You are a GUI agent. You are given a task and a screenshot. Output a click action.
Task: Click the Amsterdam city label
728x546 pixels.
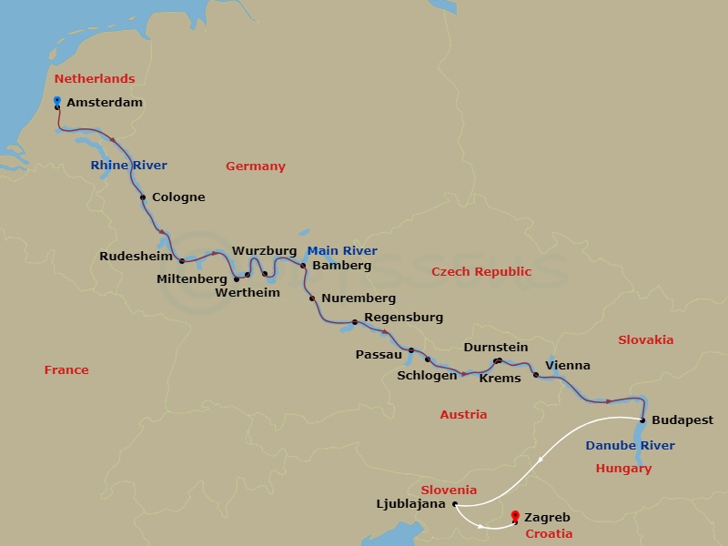(x=105, y=103)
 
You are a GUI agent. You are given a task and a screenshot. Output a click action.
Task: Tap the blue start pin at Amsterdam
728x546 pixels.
(x=57, y=101)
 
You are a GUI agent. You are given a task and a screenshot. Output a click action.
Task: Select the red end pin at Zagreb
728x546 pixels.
(x=516, y=515)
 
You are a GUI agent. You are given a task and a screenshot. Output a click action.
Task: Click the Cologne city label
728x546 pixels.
(x=178, y=197)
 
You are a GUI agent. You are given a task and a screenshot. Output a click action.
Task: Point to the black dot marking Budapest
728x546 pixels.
(x=642, y=420)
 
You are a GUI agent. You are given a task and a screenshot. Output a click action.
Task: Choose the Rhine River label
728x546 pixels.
(x=128, y=165)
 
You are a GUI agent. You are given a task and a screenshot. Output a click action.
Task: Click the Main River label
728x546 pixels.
(x=341, y=251)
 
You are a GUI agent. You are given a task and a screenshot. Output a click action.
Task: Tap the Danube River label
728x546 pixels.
(x=630, y=446)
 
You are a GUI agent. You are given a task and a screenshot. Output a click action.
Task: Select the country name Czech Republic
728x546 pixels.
(x=480, y=271)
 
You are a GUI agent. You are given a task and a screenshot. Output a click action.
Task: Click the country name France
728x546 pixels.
(x=66, y=370)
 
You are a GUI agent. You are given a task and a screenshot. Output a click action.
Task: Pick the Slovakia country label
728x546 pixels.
(x=645, y=339)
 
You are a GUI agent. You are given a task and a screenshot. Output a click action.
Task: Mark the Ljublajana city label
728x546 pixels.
(x=409, y=503)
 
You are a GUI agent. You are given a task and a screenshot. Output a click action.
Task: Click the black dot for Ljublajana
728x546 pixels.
(x=454, y=503)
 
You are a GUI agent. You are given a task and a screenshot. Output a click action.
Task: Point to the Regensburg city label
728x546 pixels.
(x=403, y=318)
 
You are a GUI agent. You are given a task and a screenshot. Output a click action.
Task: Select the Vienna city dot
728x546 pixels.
(x=535, y=375)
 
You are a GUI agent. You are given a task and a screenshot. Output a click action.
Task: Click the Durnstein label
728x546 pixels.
(x=495, y=348)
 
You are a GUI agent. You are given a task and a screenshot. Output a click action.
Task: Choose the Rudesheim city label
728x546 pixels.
(x=136, y=257)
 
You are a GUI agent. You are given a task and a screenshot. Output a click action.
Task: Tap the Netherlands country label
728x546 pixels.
(x=95, y=79)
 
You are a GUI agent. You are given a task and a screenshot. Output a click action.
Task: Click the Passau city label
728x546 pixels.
(x=379, y=354)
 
